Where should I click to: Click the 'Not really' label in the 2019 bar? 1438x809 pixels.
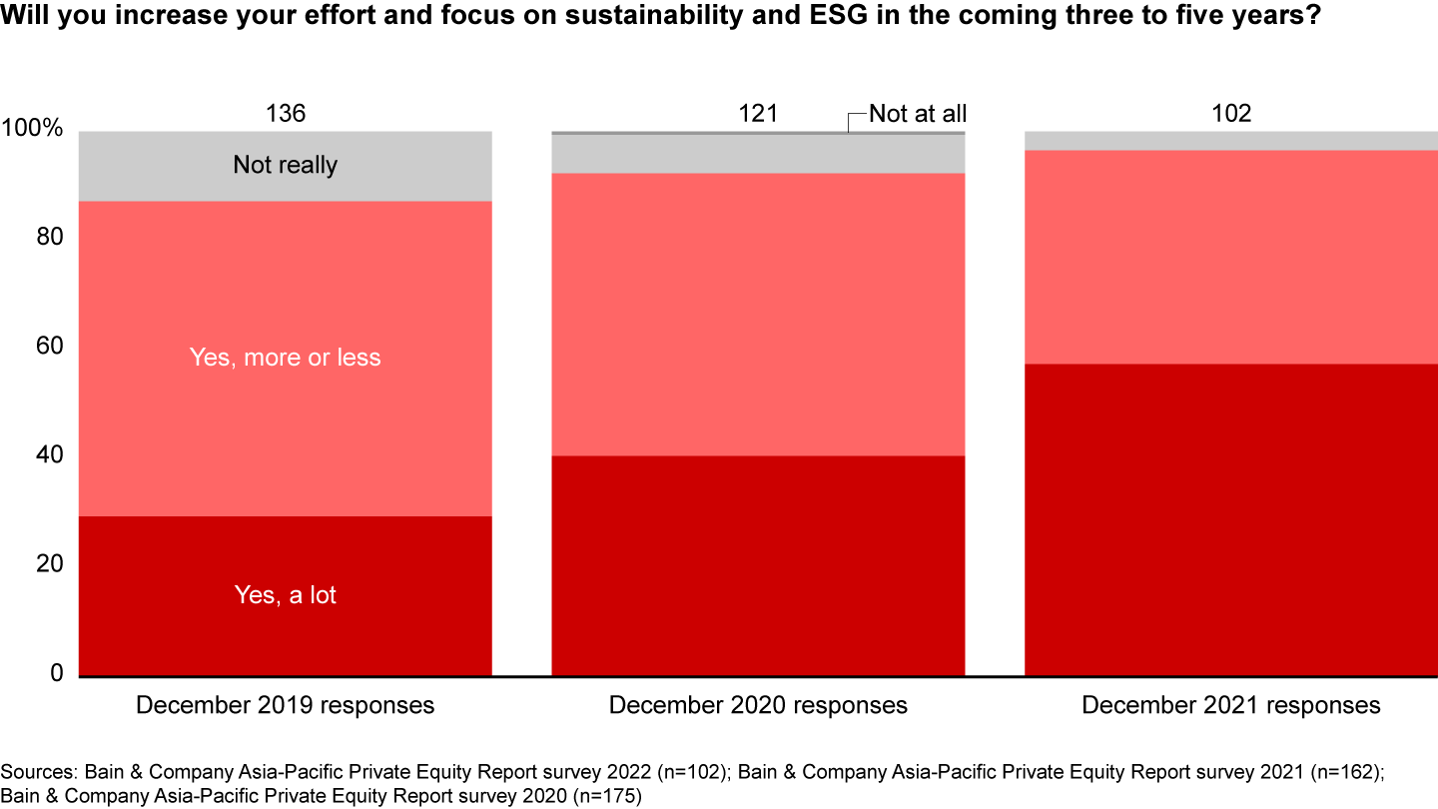click(x=285, y=165)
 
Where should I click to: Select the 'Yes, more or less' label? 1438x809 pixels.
click(x=285, y=358)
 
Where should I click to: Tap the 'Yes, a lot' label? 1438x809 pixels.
click(x=285, y=595)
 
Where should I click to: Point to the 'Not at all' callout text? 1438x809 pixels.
click(x=917, y=114)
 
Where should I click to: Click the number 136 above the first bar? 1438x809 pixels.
click(x=285, y=114)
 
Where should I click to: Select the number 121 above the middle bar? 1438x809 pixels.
click(x=758, y=114)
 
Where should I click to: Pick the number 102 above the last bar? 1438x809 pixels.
click(x=1230, y=114)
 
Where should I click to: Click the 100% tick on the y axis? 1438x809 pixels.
click(x=33, y=130)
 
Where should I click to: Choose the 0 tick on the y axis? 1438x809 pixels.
click(x=57, y=674)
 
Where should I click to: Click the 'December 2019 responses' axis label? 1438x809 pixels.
click(x=285, y=705)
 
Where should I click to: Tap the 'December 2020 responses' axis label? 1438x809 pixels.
click(x=758, y=705)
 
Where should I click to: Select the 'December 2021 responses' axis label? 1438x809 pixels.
click(x=1230, y=705)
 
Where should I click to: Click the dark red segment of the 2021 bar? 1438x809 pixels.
click(x=1230, y=519)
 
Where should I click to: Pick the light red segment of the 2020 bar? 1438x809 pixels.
click(x=758, y=315)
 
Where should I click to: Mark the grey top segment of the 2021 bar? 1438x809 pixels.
click(x=1230, y=141)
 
